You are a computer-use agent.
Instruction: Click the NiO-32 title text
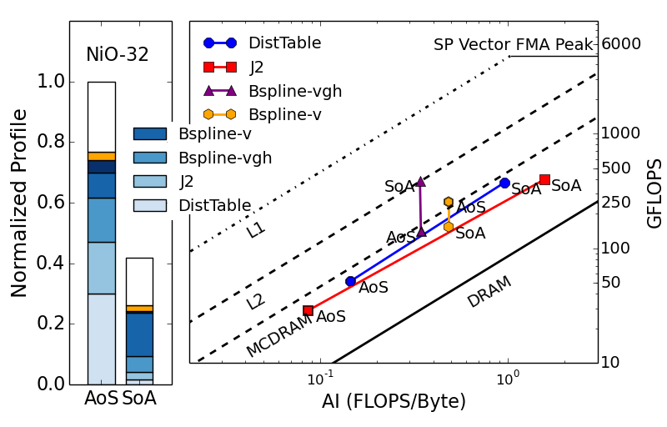pos(118,55)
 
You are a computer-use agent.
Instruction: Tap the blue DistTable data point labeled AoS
pos(350,281)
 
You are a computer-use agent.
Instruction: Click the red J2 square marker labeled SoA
pos(544,179)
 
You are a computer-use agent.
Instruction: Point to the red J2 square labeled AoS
pos(308,310)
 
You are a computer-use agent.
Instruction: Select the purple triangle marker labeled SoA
pos(420,181)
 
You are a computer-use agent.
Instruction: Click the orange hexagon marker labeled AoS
pos(449,202)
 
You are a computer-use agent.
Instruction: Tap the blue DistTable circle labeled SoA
pos(504,183)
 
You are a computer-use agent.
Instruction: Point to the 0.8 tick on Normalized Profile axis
pos(51,142)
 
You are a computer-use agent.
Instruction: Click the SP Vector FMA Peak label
pos(513,45)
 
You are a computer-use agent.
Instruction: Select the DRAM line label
pos(489,292)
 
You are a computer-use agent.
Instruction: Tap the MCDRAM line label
pos(278,336)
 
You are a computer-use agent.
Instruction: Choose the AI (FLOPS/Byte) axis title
pos(394,401)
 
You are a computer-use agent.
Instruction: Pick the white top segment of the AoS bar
pos(102,117)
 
